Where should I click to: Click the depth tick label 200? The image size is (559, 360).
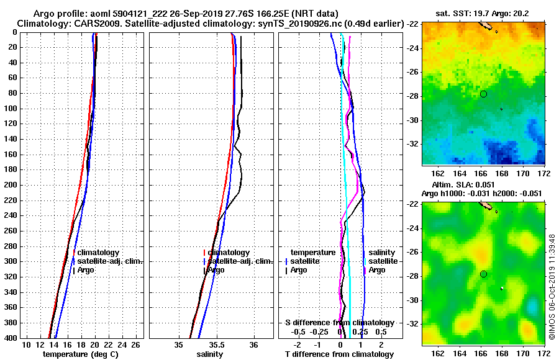tap(11, 185)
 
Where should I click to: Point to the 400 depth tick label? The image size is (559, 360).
tap(11, 338)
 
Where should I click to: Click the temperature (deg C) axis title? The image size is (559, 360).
tap(80, 354)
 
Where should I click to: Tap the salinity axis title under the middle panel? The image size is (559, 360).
tap(209, 354)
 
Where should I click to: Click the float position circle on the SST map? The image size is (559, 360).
tap(483, 94)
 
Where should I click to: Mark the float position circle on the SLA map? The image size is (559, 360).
tap(483, 274)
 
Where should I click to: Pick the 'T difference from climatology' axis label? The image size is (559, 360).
tap(339, 354)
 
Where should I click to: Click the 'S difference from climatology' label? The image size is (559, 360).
tap(339, 323)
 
